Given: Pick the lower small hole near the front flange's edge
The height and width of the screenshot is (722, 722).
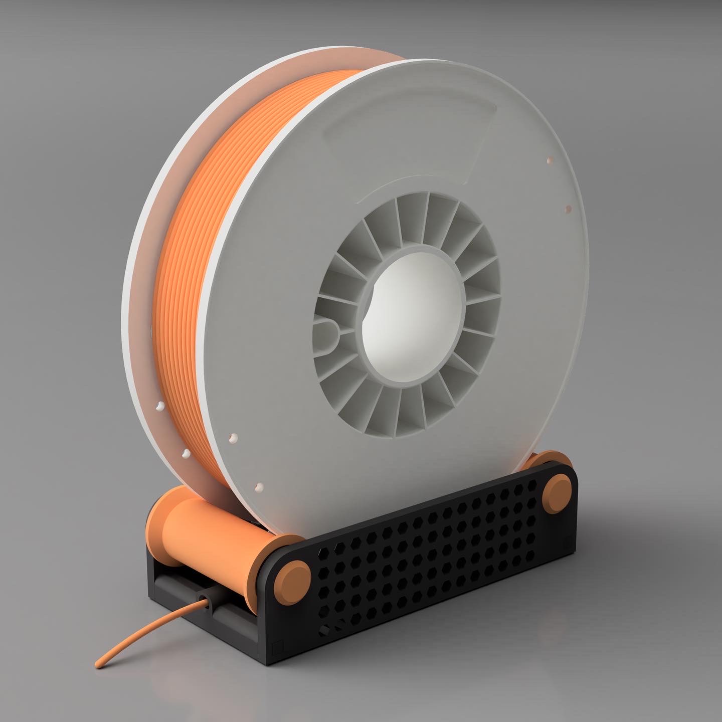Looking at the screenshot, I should coord(568,208).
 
